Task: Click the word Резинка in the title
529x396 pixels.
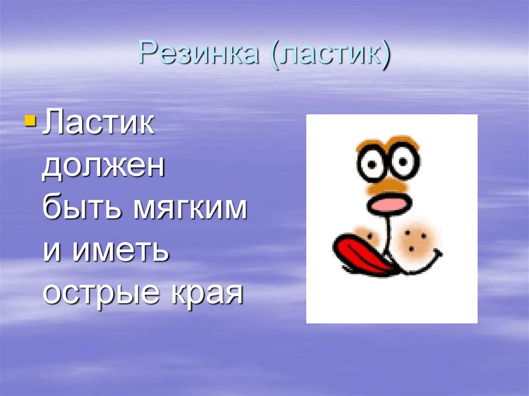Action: click(199, 54)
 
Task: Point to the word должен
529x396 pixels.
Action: click(103, 167)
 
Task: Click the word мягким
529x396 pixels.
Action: click(192, 211)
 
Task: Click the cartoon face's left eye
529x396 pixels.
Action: click(371, 164)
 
